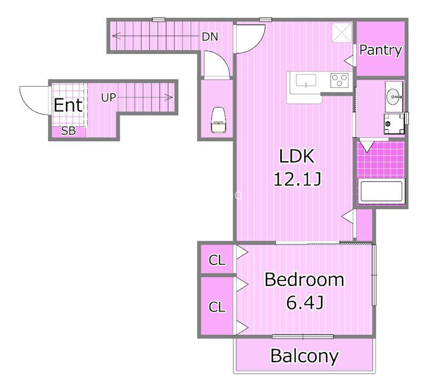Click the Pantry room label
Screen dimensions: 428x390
tap(380, 50)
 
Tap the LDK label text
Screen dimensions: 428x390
tap(297, 156)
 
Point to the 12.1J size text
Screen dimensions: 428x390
tap(297, 179)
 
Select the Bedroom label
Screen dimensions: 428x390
tap(304, 279)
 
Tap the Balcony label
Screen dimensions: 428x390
tap(304, 356)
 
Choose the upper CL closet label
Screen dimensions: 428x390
tap(217, 260)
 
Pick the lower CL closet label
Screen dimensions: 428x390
tap(217, 307)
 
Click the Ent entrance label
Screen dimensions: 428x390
tap(68, 105)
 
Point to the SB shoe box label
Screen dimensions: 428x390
tap(68, 131)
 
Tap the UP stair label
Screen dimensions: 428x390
tap(109, 97)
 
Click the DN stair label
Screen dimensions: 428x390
tap(210, 37)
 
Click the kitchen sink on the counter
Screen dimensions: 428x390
tap(306, 81)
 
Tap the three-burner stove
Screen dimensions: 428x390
tap(339, 80)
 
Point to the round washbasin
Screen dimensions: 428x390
tap(394, 97)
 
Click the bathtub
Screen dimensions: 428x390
tap(381, 191)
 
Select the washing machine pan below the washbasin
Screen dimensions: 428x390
tap(394, 124)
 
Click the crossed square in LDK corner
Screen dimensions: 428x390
tap(341, 33)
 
